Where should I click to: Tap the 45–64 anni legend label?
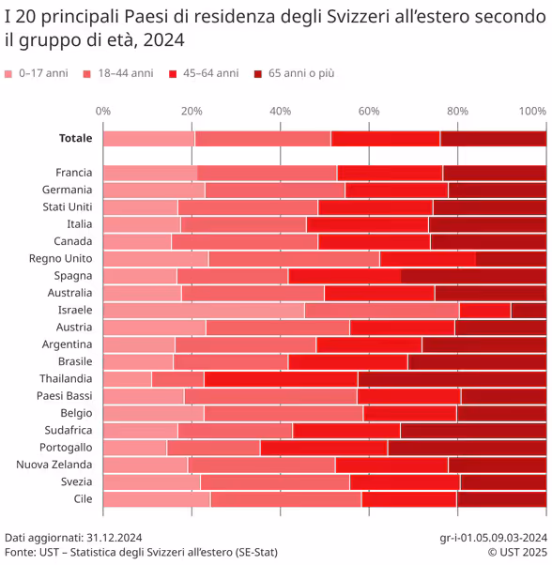point(211,73)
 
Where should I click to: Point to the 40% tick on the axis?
point(281,111)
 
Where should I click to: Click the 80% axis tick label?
point(457,111)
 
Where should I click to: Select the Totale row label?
point(75,138)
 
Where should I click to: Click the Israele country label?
point(75,310)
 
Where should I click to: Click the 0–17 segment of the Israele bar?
point(204,310)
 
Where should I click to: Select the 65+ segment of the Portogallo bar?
point(467,448)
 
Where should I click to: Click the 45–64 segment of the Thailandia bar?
point(281,379)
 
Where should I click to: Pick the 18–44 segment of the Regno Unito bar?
point(294,258)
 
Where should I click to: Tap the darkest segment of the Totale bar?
point(493,138)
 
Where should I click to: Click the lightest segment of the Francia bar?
point(150,173)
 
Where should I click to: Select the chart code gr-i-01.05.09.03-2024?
point(493,538)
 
